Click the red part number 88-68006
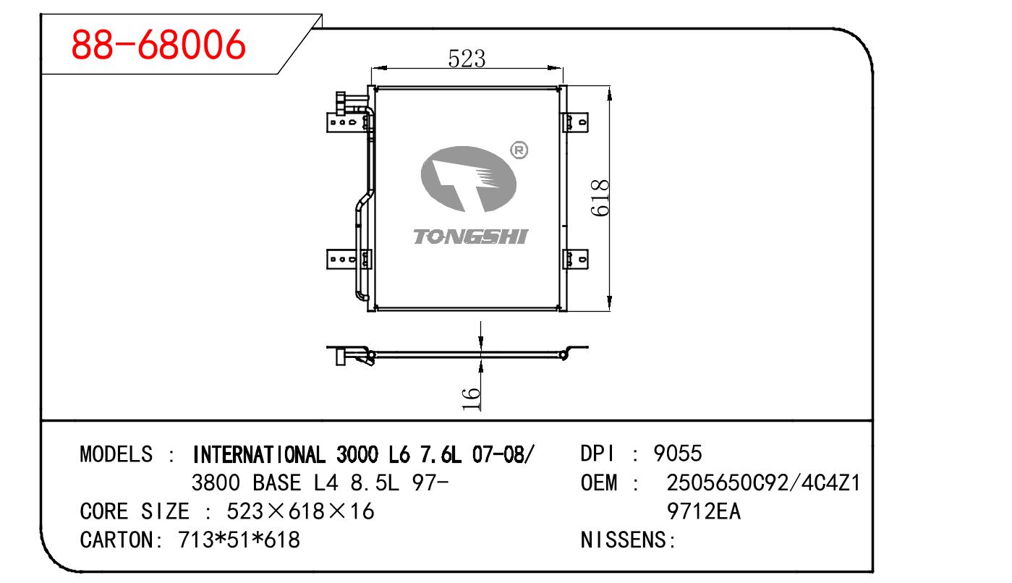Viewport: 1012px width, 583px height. (158, 44)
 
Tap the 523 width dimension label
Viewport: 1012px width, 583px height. (467, 59)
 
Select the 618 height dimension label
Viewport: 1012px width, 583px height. (600, 197)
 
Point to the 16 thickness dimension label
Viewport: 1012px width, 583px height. (471, 398)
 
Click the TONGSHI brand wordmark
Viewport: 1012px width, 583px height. (470, 237)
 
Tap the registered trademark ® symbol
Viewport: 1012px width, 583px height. (519, 150)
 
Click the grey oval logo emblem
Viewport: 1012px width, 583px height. (469, 179)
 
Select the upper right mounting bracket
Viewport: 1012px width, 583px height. (575, 122)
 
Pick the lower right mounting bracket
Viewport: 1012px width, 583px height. (575, 259)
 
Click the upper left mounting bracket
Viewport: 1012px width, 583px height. (349, 122)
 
